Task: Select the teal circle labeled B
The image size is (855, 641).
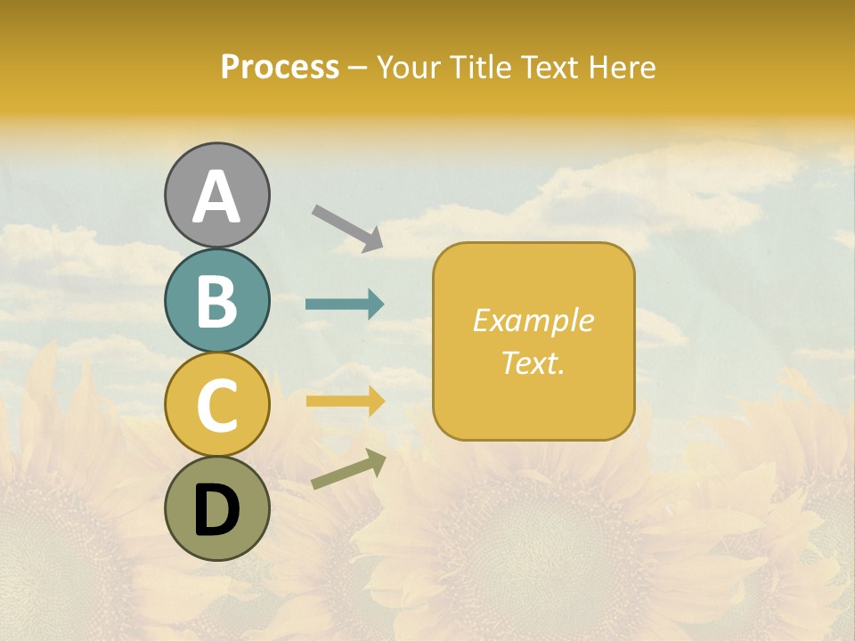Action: (216, 301)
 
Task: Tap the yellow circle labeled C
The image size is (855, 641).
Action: (216, 404)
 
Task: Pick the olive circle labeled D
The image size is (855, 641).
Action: (216, 508)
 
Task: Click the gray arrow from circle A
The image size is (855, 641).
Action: (346, 226)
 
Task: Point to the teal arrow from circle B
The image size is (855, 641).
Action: (344, 304)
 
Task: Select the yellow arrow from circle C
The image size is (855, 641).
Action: (344, 402)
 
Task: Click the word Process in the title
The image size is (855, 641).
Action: (280, 68)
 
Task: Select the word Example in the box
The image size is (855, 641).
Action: (533, 320)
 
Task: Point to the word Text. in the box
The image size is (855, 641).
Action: (533, 362)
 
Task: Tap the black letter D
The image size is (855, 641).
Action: (216, 510)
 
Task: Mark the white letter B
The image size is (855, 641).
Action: (216, 301)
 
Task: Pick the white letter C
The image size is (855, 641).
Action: (216, 405)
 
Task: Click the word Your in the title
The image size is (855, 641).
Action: (406, 68)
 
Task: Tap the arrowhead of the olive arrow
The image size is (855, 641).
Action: (376, 461)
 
